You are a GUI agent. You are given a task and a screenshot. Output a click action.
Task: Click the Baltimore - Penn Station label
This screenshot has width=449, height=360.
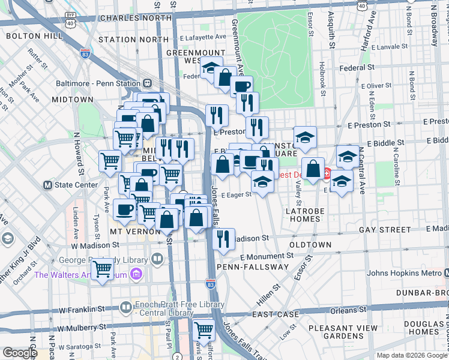click(x=92, y=83)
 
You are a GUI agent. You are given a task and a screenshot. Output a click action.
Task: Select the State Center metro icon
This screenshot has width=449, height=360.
click(x=47, y=185)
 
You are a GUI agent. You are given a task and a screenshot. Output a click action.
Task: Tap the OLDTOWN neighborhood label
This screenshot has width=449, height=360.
click(x=310, y=245)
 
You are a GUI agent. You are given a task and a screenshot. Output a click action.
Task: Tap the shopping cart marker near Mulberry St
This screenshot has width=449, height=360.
click(x=204, y=330)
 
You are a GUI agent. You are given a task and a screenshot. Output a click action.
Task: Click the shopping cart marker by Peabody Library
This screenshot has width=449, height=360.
click(x=103, y=269)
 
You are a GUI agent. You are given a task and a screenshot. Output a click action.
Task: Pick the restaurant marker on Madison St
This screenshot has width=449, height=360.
click(x=223, y=239)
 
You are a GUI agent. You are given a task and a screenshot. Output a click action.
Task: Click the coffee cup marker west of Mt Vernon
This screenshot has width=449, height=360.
click(x=124, y=210)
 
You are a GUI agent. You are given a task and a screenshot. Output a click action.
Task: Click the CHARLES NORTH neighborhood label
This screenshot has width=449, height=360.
click(x=136, y=18)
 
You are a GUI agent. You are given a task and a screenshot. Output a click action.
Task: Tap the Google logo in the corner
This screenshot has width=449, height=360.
click(x=20, y=353)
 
